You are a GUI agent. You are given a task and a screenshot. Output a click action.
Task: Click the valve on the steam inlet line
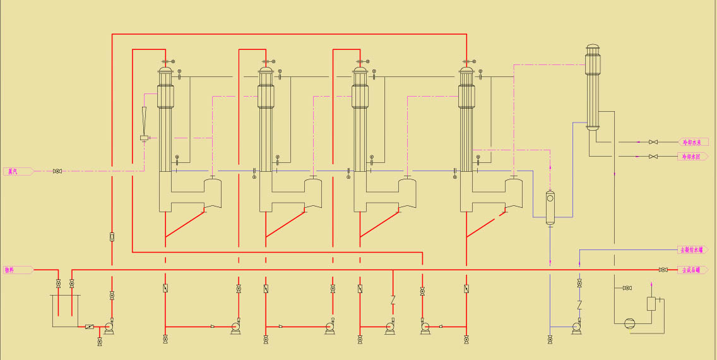tap(57, 171)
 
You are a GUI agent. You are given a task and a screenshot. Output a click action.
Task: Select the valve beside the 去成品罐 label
tap(663, 270)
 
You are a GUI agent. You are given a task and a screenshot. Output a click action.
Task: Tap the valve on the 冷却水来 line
tap(653, 142)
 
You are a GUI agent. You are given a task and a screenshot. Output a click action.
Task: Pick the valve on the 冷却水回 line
tap(653, 156)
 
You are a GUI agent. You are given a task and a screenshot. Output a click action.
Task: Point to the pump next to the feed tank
tap(109, 327)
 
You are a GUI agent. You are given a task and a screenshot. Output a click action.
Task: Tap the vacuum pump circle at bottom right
tap(629, 323)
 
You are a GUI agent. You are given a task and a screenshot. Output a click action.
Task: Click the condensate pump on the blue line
tap(576, 327)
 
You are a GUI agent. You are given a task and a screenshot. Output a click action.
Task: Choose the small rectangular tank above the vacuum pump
tap(651, 303)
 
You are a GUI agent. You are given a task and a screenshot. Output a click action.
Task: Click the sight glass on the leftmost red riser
tap(112, 237)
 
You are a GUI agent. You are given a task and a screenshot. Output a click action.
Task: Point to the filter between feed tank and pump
tap(90, 327)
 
